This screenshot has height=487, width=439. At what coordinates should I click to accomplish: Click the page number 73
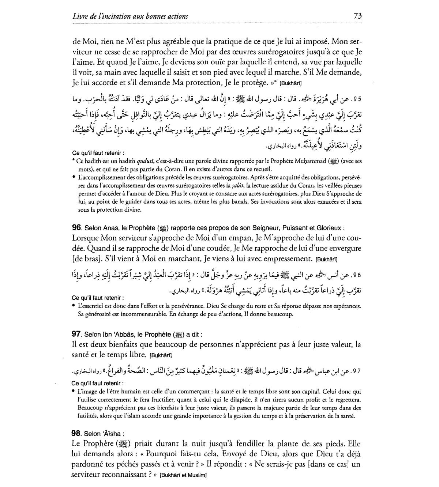click(x=357, y=16)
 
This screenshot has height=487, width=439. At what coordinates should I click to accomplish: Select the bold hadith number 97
click(x=76, y=334)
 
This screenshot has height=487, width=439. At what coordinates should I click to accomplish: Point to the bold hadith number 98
click(x=76, y=434)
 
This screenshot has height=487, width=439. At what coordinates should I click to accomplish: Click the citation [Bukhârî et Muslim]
click(x=183, y=476)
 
